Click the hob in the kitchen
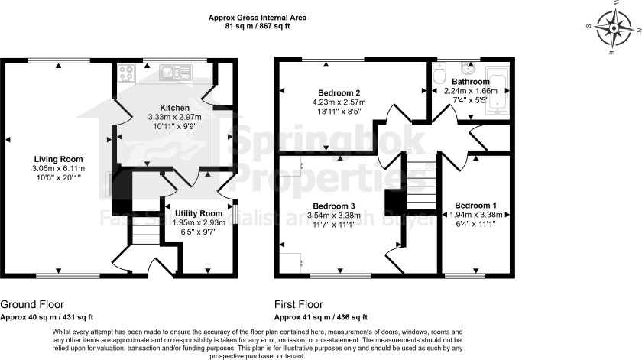tap(126, 73)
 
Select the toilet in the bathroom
tap(438, 76)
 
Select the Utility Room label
tap(199, 213)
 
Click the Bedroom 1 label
tap(475, 205)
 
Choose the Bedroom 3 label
tap(334, 206)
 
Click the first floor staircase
tap(418, 182)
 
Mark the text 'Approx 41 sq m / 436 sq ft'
tap(321, 316)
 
